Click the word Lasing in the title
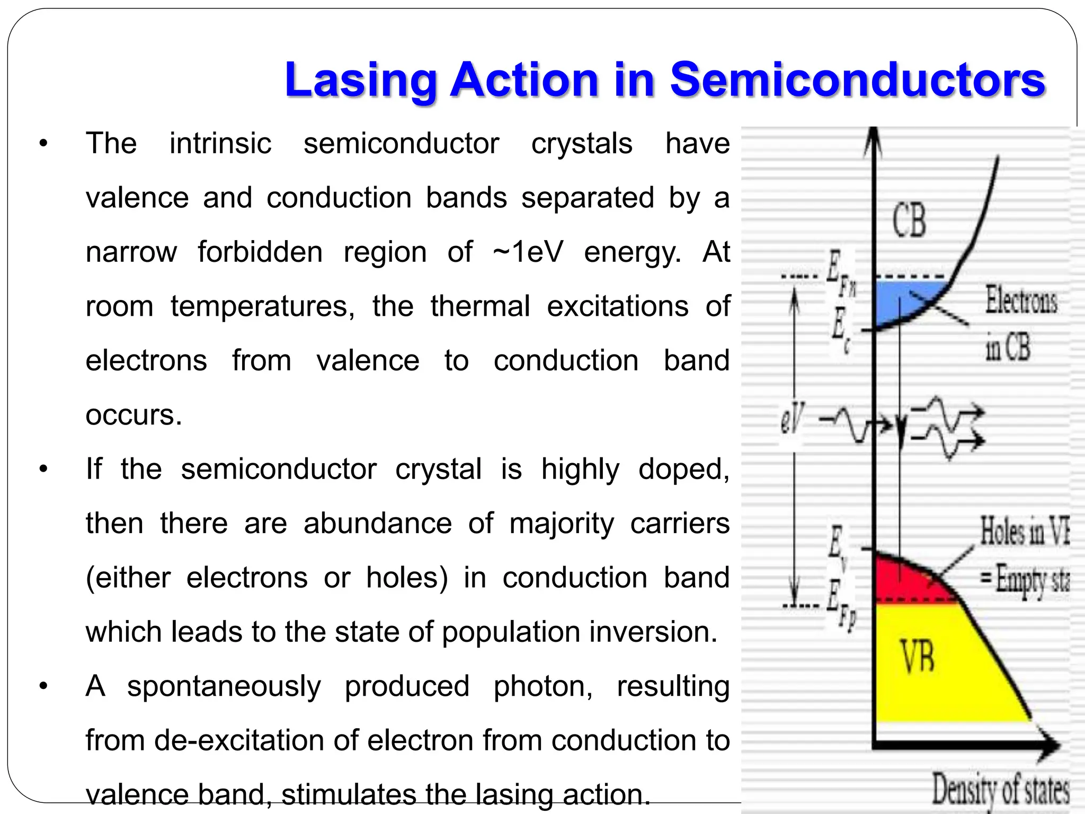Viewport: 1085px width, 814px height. click(x=360, y=81)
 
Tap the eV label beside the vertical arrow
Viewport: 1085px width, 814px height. click(x=791, y=419)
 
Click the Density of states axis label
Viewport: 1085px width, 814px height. click(x=1000, y=790)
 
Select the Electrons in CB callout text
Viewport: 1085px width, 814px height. click(x=1019, y=323)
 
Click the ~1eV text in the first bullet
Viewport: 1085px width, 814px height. click(x=528, y=252)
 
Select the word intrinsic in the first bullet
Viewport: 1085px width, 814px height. click(x=220, y=144)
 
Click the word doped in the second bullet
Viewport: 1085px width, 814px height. click(x=683, y=470)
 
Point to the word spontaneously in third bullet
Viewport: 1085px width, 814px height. click(x=224, y=686)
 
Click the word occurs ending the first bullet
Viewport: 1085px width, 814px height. click(x=134, y=415)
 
